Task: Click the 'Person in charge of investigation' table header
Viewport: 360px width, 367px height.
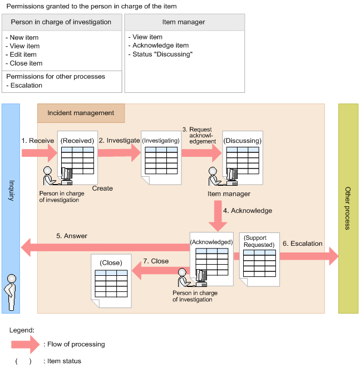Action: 61,22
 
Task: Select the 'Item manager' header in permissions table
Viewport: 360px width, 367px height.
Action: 184,22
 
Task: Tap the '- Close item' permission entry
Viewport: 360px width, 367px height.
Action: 26,63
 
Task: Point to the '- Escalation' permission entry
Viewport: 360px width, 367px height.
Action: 26,86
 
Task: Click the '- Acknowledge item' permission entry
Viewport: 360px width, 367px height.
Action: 161,46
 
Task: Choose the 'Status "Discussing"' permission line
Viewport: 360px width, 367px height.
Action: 162,54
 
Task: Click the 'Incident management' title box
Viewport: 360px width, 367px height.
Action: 81,113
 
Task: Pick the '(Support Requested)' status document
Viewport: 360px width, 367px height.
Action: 259,258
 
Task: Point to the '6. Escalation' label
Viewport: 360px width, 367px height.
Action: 302,244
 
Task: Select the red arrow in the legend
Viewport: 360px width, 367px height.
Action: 26,344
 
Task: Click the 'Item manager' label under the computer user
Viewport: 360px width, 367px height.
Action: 229,194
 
